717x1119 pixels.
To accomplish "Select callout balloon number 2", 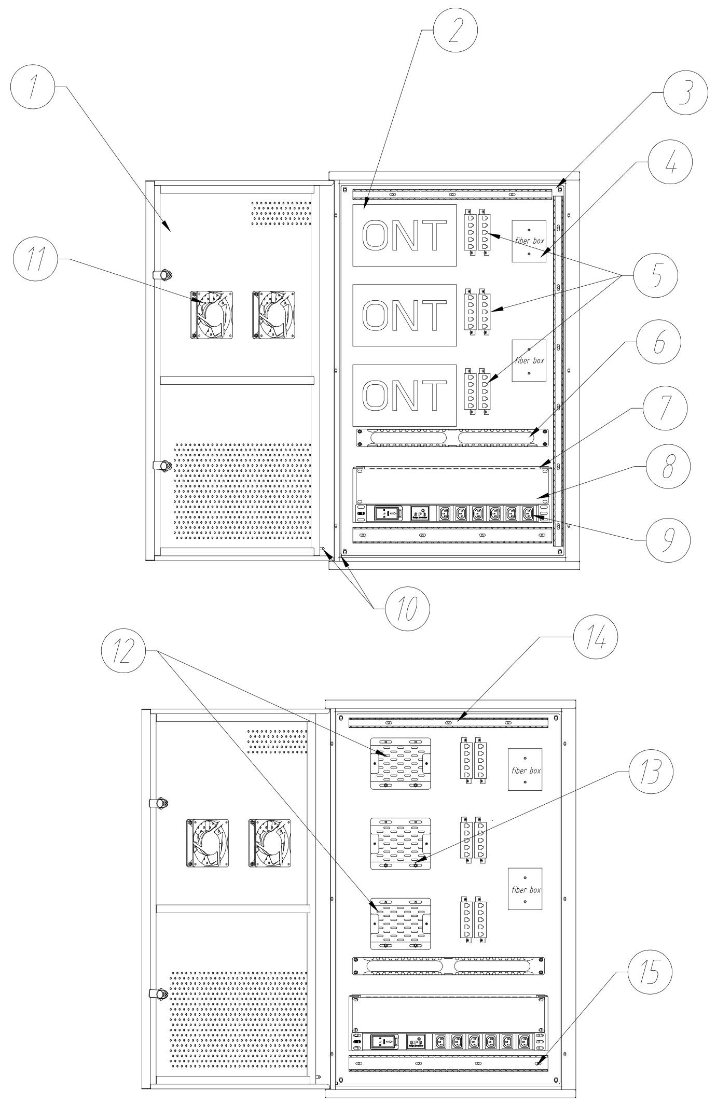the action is pos(455,29).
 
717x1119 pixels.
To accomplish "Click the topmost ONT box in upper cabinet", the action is pos(404,235).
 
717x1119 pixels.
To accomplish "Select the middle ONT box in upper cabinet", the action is pos(404,315).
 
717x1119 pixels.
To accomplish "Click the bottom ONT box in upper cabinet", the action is pos(404,395).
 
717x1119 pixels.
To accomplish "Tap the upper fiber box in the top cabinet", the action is pos(529,241).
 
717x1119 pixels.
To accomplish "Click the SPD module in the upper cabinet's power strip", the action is pos(419,513).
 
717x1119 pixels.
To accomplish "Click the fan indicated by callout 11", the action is pos(212,315).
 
